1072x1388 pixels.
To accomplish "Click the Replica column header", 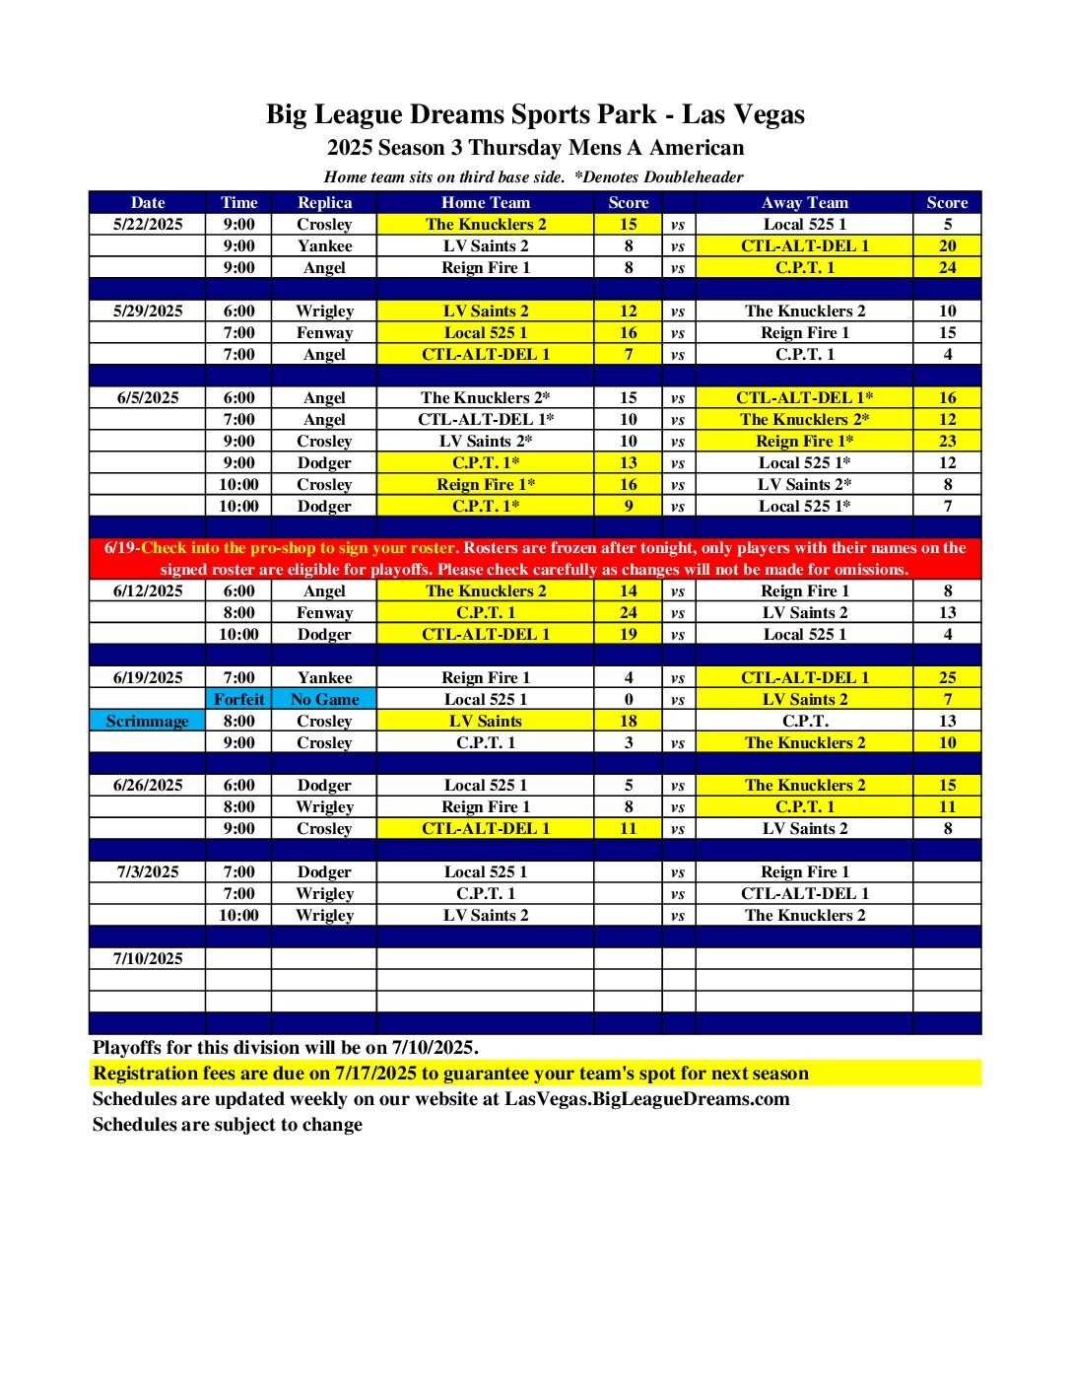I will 324,202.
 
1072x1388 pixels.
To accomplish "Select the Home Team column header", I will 485,202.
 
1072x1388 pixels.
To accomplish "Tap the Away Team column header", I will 804,202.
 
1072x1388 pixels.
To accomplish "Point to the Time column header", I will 238,202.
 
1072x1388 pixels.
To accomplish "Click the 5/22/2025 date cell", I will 148,224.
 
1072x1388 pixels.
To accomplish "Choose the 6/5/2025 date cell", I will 148,397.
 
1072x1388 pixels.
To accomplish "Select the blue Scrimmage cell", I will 147,721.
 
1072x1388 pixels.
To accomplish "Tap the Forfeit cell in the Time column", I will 238,699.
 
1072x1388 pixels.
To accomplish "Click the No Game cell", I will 324,699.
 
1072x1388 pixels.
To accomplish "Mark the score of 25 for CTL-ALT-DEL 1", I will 947,677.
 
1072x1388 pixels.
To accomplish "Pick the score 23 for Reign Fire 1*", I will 947,441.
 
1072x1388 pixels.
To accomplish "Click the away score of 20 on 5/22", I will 947,245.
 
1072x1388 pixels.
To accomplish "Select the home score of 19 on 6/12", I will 628,634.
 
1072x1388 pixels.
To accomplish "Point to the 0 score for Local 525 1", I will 628,699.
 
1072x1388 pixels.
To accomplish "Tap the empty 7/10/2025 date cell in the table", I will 148,958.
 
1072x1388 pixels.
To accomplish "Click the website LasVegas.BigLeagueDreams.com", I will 646,1099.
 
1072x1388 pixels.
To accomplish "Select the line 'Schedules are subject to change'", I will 227,1125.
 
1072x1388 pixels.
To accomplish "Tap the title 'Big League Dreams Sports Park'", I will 461,114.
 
